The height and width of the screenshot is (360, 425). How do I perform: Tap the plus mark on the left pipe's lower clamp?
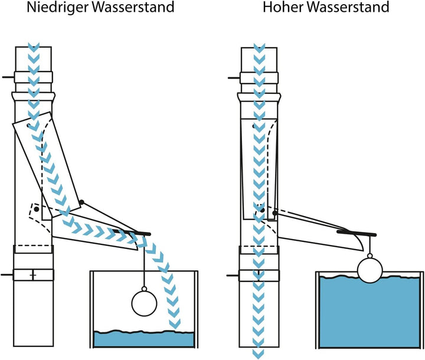click(33, 275)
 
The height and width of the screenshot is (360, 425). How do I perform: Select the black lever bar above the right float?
click(357, 234)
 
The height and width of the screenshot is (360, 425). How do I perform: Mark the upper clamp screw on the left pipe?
click(7, 77)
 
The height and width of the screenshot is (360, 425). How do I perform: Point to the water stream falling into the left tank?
click(169, 289)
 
